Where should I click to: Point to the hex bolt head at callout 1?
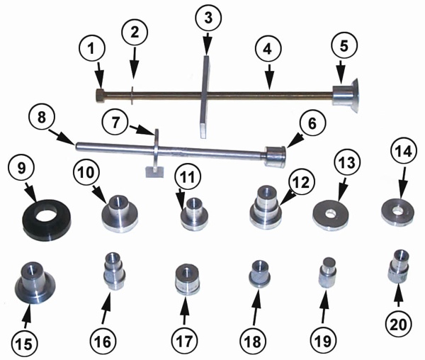coord(99,94)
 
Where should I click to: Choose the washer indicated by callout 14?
coord(397,209)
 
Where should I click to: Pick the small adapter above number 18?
coord(258,274)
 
